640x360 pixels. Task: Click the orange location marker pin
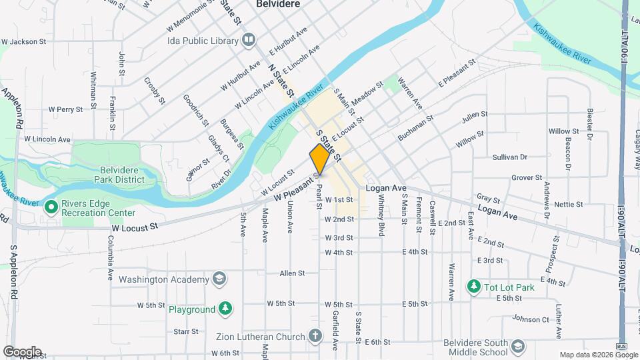tap(319, 159)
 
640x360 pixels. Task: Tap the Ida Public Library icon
tap(249, 40)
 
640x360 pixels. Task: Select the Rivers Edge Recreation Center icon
tap(51, 207)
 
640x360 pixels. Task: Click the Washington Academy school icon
tap(219, 279)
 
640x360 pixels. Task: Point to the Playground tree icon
tap(226, 309)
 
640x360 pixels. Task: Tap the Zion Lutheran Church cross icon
tap(317, 336)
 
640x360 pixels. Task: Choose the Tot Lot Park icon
tap(474, 287)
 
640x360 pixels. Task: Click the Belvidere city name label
tap(278, 4)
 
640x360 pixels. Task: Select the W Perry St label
tap(65, 109)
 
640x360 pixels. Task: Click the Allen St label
tap(292, 273)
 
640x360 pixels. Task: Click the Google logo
tap(21, 352)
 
